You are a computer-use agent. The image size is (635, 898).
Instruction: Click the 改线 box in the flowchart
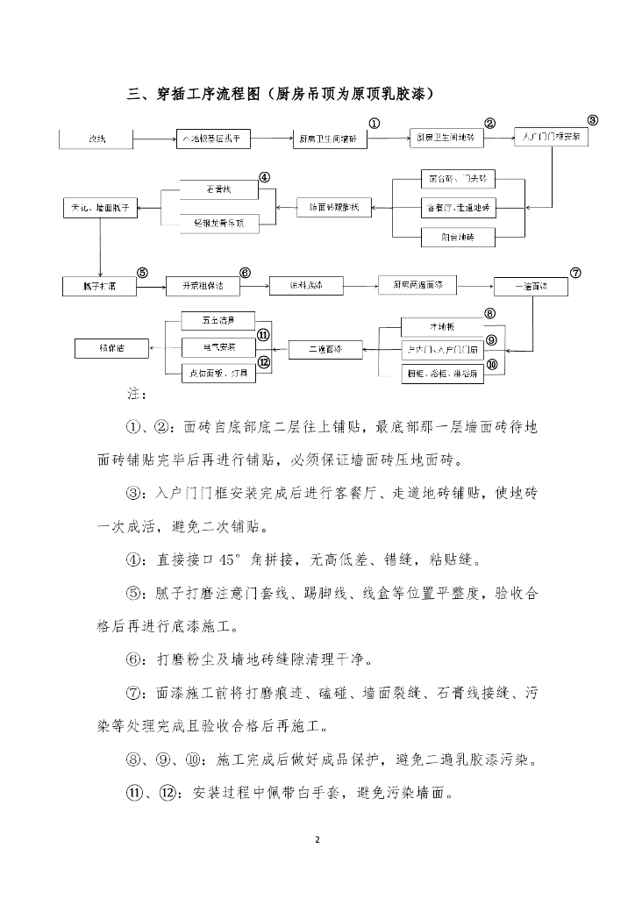point(96,139)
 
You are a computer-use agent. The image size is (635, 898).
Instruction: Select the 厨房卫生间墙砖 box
point(326,139)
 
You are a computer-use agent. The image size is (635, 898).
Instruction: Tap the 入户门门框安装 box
point(550,137)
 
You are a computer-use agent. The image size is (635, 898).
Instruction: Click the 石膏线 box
point(218,188)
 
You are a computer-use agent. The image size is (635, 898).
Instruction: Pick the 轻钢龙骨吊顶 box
point(218,224)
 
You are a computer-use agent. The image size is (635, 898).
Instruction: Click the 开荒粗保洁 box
point(203,286)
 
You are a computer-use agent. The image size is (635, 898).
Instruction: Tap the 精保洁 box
point(111,348)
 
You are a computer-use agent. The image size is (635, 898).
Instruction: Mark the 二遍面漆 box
point(325,349)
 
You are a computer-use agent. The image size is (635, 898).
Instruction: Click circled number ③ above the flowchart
point(592,120)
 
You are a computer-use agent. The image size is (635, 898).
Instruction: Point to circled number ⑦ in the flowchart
point(575,272)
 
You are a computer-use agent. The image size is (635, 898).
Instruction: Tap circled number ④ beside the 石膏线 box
point(264,177)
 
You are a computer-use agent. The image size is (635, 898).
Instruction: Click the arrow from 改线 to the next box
point(151,139)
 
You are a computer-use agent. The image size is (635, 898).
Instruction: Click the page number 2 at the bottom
point(317,840)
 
